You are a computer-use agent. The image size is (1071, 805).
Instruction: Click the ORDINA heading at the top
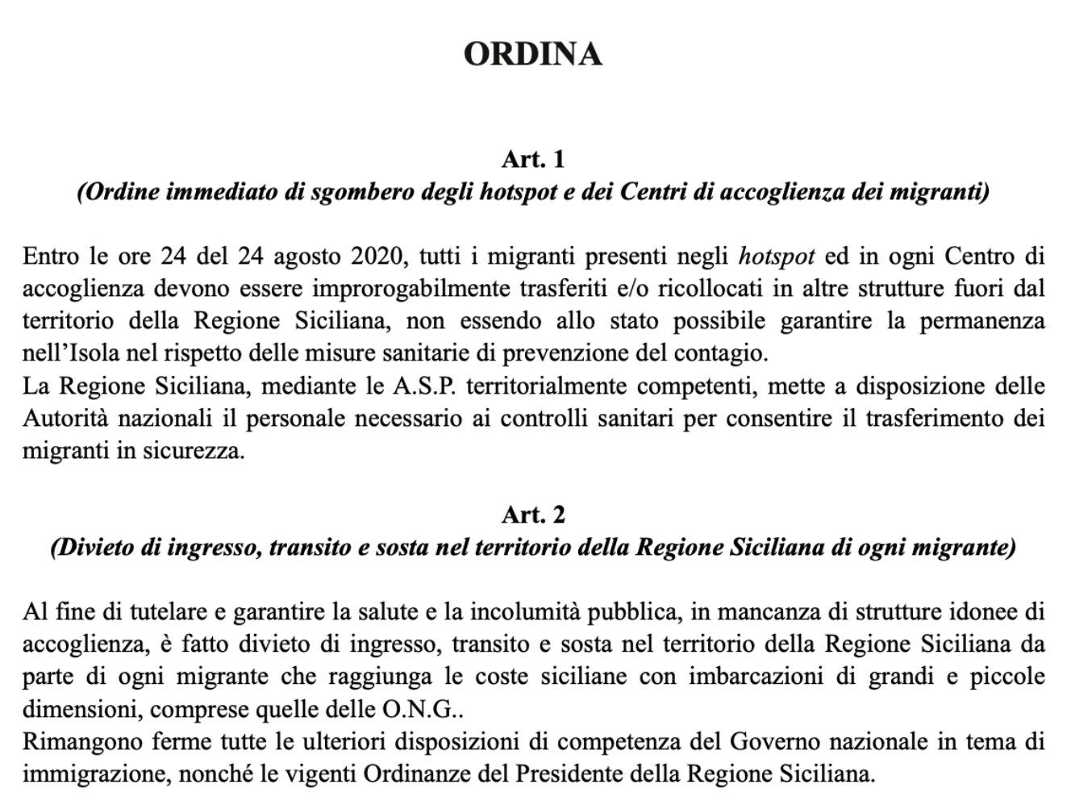(x=533, y=54)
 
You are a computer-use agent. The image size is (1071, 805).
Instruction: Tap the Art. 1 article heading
(x=533, y=159)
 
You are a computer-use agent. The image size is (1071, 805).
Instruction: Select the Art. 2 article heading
(x=533, y=514)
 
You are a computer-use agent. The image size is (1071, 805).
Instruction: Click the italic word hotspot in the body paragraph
(x=776, y=257)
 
